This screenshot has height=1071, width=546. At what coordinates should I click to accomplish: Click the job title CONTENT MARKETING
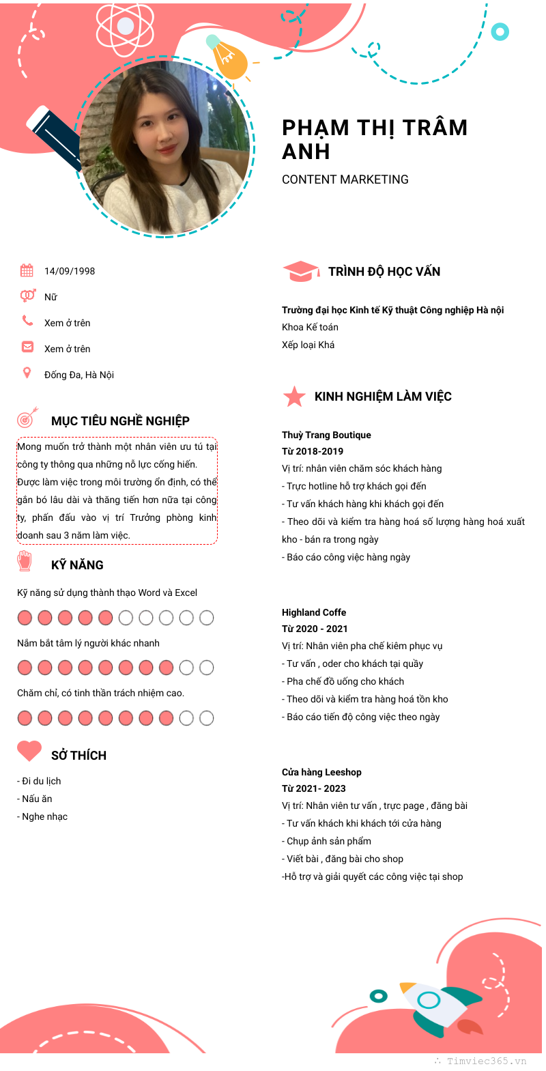(345, 180)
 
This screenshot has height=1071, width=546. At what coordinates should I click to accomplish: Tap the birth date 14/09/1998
(70, 271)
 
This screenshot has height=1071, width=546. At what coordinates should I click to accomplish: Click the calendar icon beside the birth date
(27, 270)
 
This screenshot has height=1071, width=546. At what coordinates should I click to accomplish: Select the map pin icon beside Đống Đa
(27, 373)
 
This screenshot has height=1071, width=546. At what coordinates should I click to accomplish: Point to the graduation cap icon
(300, 271)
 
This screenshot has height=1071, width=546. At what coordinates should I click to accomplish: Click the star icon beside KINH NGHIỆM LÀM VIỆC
(294, 397)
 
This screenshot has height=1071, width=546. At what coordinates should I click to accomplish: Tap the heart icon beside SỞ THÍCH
(29, 751)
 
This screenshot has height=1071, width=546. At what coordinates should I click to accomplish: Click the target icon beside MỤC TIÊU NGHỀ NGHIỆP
(28, 417)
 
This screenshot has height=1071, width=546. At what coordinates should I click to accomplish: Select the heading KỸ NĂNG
(77, 565)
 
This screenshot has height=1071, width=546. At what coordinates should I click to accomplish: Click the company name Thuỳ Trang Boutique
(326, 435)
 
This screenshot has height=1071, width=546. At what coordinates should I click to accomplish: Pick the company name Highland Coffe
(314, 612)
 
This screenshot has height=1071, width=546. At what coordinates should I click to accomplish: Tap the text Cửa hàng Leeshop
(321, 772)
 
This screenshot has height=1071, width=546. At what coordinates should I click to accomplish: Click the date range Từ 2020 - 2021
(315, 629)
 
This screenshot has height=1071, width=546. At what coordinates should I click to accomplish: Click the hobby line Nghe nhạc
(43, 816)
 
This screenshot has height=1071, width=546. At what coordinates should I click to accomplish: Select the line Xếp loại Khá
(308, 345)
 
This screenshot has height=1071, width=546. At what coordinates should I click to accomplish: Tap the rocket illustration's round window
(429, 1001)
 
